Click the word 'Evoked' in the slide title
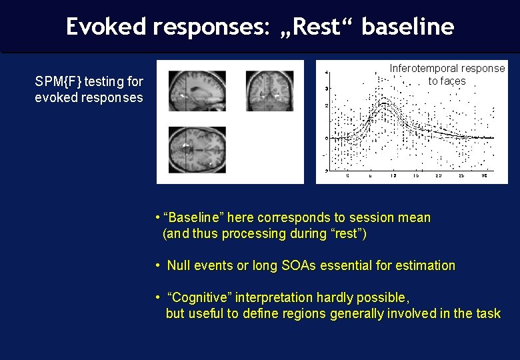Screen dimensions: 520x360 [x=107, y=27]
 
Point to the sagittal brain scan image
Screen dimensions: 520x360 [x=197, y=91]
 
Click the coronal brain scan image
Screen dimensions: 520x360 [x=269, y=91]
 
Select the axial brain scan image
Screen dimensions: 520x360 [x=197, y=149]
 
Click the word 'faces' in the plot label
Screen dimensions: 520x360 [x=453, y=81]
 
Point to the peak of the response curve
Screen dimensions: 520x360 [x=384, y=102]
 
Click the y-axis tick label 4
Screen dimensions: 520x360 [x=325, y=72]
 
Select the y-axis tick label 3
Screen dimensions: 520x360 [x=325, y=89]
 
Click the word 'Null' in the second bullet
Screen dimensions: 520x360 [x=179, y=266]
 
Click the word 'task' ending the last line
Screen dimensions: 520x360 [x=488, y=313]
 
